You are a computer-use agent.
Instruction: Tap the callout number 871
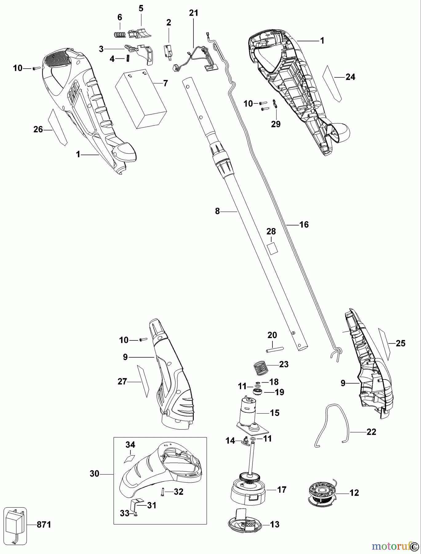tap(43, 525)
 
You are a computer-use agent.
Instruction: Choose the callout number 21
tap(194, 13)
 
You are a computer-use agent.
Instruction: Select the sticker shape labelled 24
tap(332, 83)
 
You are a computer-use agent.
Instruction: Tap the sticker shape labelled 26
tap(58, 127)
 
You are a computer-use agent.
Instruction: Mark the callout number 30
tap(95, 474)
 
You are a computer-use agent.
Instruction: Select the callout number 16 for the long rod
tap(304, 225)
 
